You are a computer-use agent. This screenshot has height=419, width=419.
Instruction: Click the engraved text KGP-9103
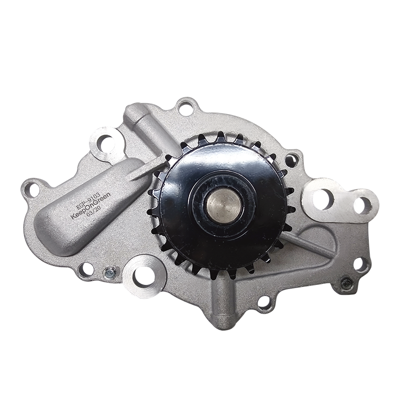point(85,199)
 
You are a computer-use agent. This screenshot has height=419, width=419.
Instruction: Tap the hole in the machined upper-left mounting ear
point(105,141)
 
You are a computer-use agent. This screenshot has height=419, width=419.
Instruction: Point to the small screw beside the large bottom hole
point(109,272)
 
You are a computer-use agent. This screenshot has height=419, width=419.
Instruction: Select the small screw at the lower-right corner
point(347,283)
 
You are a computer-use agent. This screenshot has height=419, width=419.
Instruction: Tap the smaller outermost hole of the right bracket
point(364,203)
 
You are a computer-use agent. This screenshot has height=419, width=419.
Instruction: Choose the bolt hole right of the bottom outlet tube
point(265,302)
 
